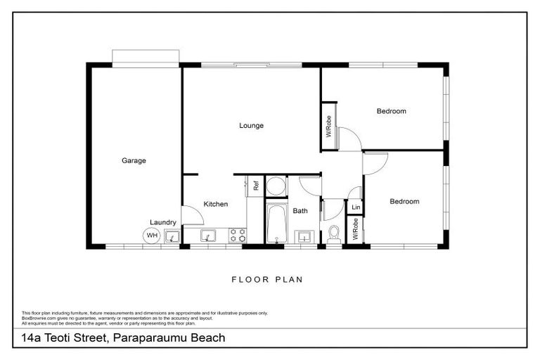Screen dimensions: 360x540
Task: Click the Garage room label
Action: (x=134, y=161)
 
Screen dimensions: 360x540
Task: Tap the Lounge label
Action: (x=251, y=126)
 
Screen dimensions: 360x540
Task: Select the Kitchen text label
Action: (x=216, y=205)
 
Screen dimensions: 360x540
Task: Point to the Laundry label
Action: (x=162, y=222)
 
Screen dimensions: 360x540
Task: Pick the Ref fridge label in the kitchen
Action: (x=256, y=186)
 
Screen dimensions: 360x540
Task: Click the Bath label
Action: (x=300, y=210)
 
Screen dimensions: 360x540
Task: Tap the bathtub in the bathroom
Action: (x=276, y=224)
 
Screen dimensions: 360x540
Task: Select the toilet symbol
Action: (x=334, y=232)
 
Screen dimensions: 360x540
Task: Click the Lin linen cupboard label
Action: (x=356, y=207)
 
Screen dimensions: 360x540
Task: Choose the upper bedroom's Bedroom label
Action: (x=391, y=111)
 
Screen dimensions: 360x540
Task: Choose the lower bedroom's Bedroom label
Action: (x=404, y=202)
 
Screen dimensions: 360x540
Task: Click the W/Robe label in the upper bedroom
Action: (x=329, y=126)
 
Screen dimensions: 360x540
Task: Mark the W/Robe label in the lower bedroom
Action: (x=356, y=230)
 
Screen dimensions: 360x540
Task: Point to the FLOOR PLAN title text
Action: (x=267, y=280)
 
